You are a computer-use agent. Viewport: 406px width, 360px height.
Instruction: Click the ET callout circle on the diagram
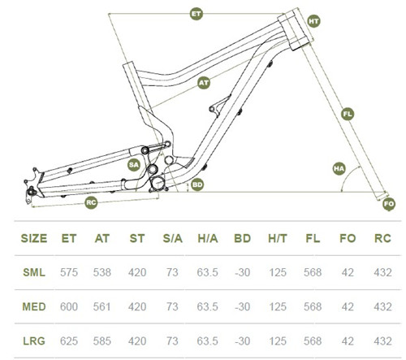(x=196, y=15)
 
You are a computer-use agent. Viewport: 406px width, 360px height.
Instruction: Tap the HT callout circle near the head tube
(x=313, y=21)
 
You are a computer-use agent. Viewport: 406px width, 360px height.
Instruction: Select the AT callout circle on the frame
(x=205, y=82)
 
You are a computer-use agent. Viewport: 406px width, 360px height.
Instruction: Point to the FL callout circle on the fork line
(x=348, y=114)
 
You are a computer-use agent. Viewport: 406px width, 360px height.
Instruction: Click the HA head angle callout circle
(x=339, y=168)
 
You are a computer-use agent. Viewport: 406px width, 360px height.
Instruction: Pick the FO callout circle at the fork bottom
(x=388, y=202)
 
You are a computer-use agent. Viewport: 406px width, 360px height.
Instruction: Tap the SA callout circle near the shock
(x=135, y=163)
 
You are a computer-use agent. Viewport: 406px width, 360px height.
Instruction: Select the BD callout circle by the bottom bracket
(x=197, y=185)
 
